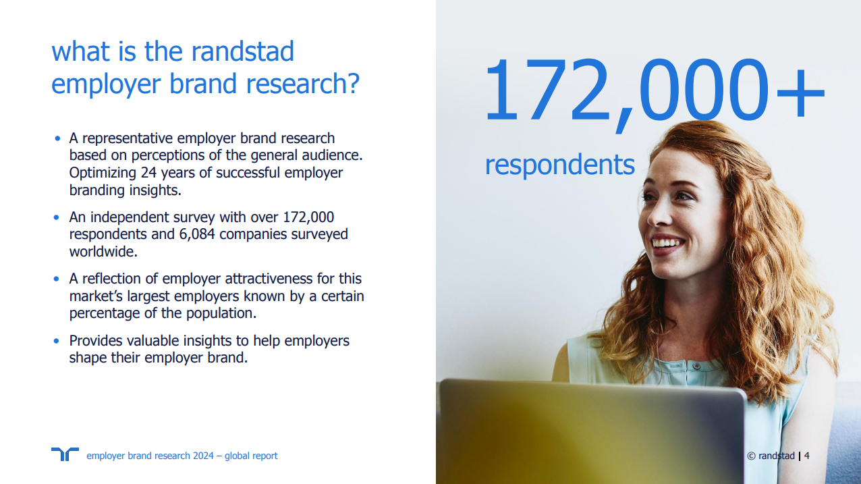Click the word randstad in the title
[243, 52]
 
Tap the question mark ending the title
[351, 84]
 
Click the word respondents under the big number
[559, 165]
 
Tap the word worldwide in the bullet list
[102, 252]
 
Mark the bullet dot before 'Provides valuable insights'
[57, 341]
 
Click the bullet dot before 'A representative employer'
[57, 138]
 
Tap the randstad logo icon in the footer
[65, 454]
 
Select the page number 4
[807, 456]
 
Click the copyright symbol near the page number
[751, 456]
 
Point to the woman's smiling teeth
[667, 242]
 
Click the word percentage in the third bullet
[106, 314]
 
